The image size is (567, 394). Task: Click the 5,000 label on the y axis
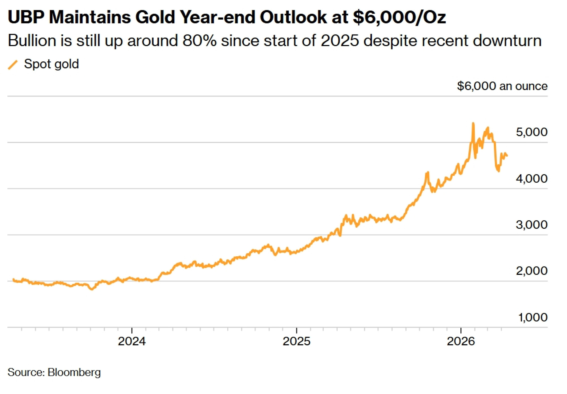(532, 132)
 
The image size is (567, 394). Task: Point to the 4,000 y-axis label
(532, 178)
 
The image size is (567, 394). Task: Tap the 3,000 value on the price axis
(532, 225)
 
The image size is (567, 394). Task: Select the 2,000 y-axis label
(532, 271)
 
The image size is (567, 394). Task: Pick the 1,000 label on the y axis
(533, 317)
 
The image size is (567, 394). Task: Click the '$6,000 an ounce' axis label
(502, 86)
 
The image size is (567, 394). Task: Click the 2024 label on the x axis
(132, 341)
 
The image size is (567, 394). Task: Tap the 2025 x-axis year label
(297, 341)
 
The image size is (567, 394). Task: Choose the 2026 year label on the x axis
(461, 341)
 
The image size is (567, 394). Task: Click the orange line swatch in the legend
(13, 65)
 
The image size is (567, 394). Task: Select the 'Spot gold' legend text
(51, 64)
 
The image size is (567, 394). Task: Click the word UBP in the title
(26, 17)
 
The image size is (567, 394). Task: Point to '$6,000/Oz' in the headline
(399, 17)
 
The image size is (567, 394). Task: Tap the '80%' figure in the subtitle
(200, 41)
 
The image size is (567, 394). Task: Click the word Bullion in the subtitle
(32, 41)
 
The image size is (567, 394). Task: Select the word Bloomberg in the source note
(74, 372)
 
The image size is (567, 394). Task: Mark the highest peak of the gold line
(473, 123)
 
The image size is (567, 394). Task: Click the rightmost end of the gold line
(507, 156)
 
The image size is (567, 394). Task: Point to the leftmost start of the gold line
(13, 280)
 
